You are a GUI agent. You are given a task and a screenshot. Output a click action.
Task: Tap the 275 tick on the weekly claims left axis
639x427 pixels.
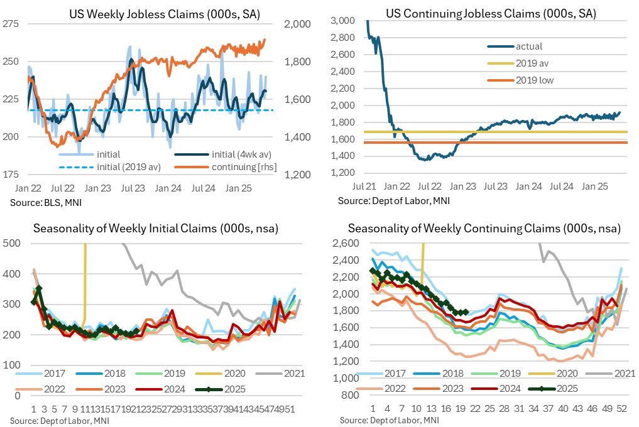(x=11, y=24)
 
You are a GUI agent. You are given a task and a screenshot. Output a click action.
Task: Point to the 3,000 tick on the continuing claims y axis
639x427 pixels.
(x=347, y=21)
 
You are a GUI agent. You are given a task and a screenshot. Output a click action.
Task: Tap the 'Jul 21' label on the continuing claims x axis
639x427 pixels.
(x=364, y=186)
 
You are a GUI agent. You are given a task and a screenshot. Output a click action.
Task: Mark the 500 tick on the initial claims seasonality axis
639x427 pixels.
(x=12, y=244)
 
